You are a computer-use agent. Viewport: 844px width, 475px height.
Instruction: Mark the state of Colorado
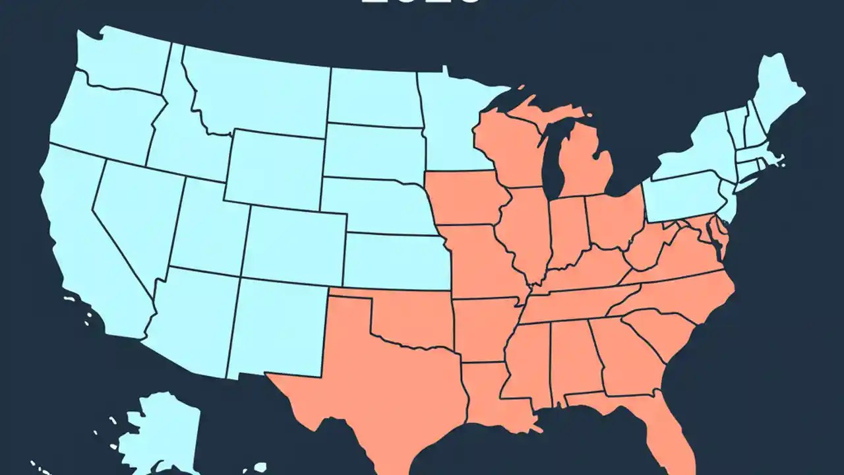[293, 244]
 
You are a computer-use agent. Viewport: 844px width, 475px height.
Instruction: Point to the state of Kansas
[396, 261]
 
